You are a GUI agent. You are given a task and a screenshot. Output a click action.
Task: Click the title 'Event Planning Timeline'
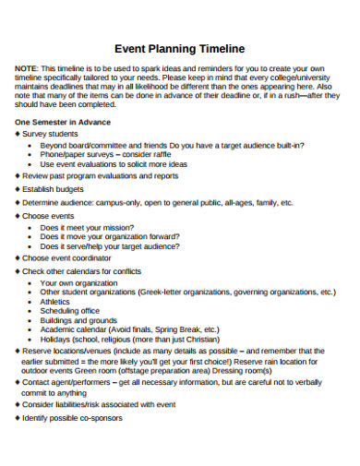179,51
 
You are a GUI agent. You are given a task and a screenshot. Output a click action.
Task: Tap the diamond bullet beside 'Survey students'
18,134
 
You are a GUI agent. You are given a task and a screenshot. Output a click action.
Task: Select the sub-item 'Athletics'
54,301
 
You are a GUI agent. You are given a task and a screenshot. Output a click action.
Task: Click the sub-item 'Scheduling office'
69,311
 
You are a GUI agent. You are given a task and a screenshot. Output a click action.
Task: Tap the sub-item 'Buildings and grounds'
78,320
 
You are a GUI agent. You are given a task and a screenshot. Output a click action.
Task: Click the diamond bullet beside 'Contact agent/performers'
18,380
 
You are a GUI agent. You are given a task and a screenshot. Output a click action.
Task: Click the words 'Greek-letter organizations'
191,292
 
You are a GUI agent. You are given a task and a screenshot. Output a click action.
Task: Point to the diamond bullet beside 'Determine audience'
18,202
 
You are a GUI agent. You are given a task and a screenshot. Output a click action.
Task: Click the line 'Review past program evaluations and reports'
100,174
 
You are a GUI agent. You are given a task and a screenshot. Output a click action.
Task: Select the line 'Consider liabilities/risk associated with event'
99,404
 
